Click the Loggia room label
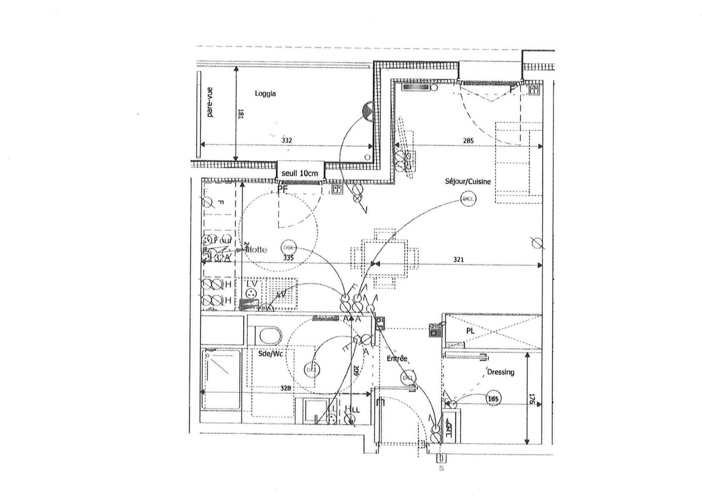pos(265,94)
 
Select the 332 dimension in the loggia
pos(286,141)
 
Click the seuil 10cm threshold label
pos(300,173)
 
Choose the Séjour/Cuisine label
pos(468,181)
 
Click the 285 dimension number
pos(468,141)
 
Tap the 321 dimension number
pos(458,259)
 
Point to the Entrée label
pos(397,358)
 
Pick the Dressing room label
pos(501,372)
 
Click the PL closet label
pos(470,331)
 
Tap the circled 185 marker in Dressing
pos(493,398)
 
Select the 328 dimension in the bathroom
pos(285,388)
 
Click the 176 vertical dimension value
pos(532,399)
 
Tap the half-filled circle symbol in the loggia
pos(368,111)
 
